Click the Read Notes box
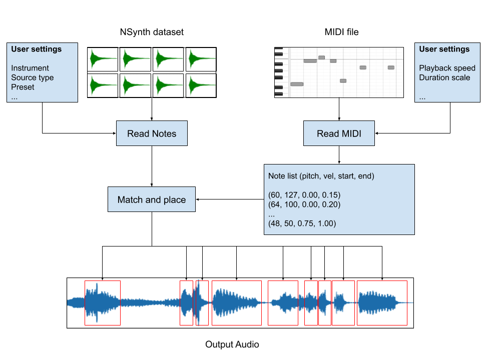tap(152, 133)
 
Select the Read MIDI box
tap(339, 133)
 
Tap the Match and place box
tap(152, 199)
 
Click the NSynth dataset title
tap(152, 32)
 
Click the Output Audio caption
tap(232, 344)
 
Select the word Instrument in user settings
tap(30, 68)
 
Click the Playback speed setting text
tap(447, 68)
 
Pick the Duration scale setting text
tap(444, 77)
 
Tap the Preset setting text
tap(23, 86)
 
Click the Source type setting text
tap(32, 77)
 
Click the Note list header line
tap(321, 176)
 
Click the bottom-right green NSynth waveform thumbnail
tap(201, 86)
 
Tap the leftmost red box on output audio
tap(103, 303)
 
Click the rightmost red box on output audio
tap(382, 303)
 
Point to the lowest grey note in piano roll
tap(297, 84)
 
